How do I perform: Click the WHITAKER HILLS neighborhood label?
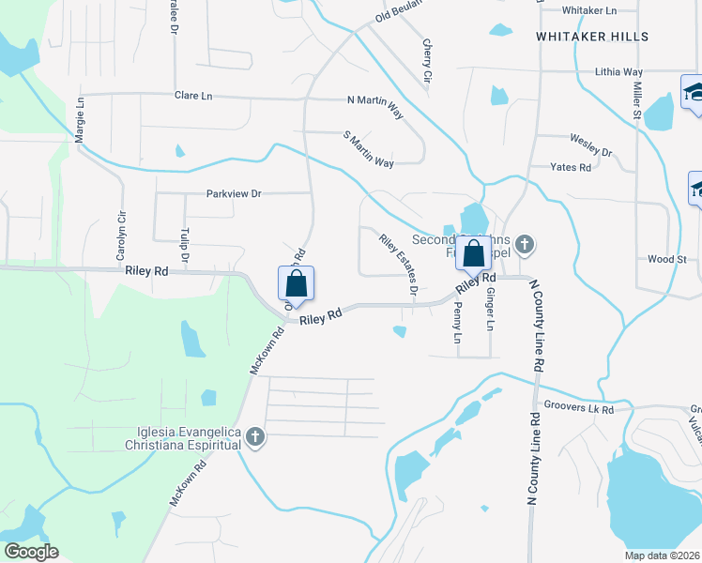point(591,37)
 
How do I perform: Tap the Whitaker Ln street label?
point(588,10)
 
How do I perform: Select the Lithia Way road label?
point(618,71)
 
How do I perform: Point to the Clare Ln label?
point(193,96)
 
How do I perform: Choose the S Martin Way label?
point(368,149)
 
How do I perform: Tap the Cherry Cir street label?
point(428,58)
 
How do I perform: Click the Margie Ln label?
point(80,118)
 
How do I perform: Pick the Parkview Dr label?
point(234,194)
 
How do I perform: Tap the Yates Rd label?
point(572,168)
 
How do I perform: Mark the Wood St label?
point(667,259)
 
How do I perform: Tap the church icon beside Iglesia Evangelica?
point(254,437)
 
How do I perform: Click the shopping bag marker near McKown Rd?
point(296,284)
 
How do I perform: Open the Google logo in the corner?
point(32,552)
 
